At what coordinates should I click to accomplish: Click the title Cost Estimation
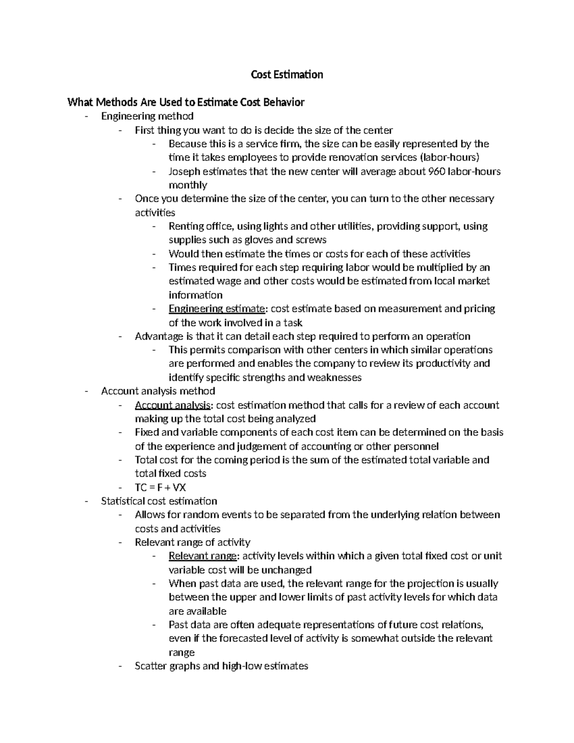tap(287, 75)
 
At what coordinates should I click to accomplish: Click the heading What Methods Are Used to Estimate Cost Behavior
tap(186, 102)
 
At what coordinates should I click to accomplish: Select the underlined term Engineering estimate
tap(216, 309)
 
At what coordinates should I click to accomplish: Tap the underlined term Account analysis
tap(173, 405)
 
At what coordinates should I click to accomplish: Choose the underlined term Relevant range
tap(202, 556)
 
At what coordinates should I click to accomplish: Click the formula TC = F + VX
tap(160, 488)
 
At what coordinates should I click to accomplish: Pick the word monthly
tap(188, 185)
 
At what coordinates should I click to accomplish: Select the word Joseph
tap(185, 171)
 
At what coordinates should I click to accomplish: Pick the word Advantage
tap(158, 336)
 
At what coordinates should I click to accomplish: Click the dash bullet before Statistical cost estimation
tap(87, 501)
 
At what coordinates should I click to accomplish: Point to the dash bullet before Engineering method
tap(87, 116)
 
